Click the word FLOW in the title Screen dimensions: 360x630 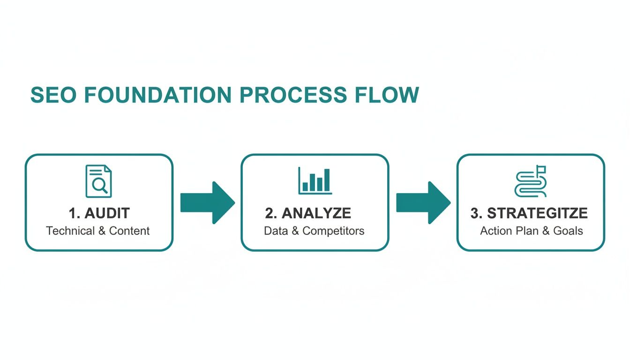coord(387,95)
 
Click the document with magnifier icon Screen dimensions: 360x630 coord(99,181)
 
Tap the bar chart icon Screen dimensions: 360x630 coord(315,180)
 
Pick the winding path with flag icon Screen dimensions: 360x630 coord(531,181)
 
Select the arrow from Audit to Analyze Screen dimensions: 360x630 coord(207,202)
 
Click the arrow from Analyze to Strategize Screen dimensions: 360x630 coord(423,202)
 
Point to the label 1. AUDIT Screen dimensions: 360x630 coord(99,213)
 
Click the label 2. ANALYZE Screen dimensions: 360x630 coord(308,213)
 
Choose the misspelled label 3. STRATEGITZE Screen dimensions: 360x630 coord(529,213)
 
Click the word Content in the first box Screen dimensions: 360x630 coord(129,231)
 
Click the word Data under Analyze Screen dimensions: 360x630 coord(275,231)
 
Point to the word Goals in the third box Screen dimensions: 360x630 coord(568,231)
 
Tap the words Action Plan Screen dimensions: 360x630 coord(510,231)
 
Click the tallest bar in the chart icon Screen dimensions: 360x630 coord(327,180)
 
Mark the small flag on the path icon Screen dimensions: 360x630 coord(542,169)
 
